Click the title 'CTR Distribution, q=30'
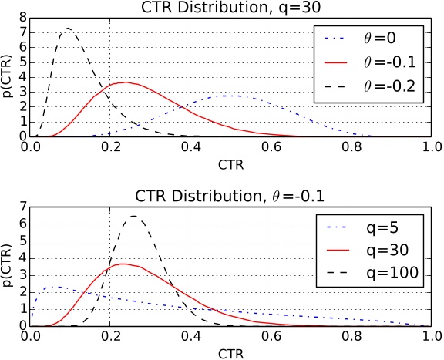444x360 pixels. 230,8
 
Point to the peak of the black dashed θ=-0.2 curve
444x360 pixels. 69,29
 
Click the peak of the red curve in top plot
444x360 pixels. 124,82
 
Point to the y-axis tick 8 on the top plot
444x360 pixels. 24,16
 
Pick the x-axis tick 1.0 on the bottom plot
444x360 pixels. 432,335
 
